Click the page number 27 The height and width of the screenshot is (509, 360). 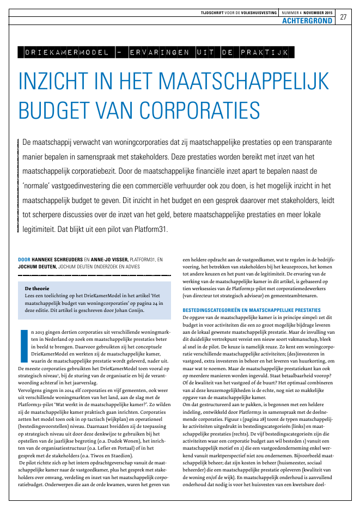[344, 17]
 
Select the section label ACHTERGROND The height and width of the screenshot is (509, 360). [307, 21]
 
